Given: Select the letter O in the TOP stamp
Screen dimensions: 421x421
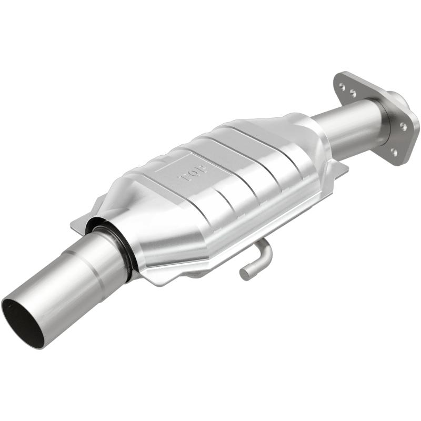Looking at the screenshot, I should [x=193, y=172].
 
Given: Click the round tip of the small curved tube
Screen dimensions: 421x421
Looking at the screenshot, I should [x=245, y=274].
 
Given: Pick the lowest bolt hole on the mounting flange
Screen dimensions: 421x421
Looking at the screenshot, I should [x=394, y=152].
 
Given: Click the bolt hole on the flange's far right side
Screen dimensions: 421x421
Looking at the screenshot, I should [x=403, y=126].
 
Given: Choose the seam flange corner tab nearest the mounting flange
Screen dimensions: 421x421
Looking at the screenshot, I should [x=340, y=168].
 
